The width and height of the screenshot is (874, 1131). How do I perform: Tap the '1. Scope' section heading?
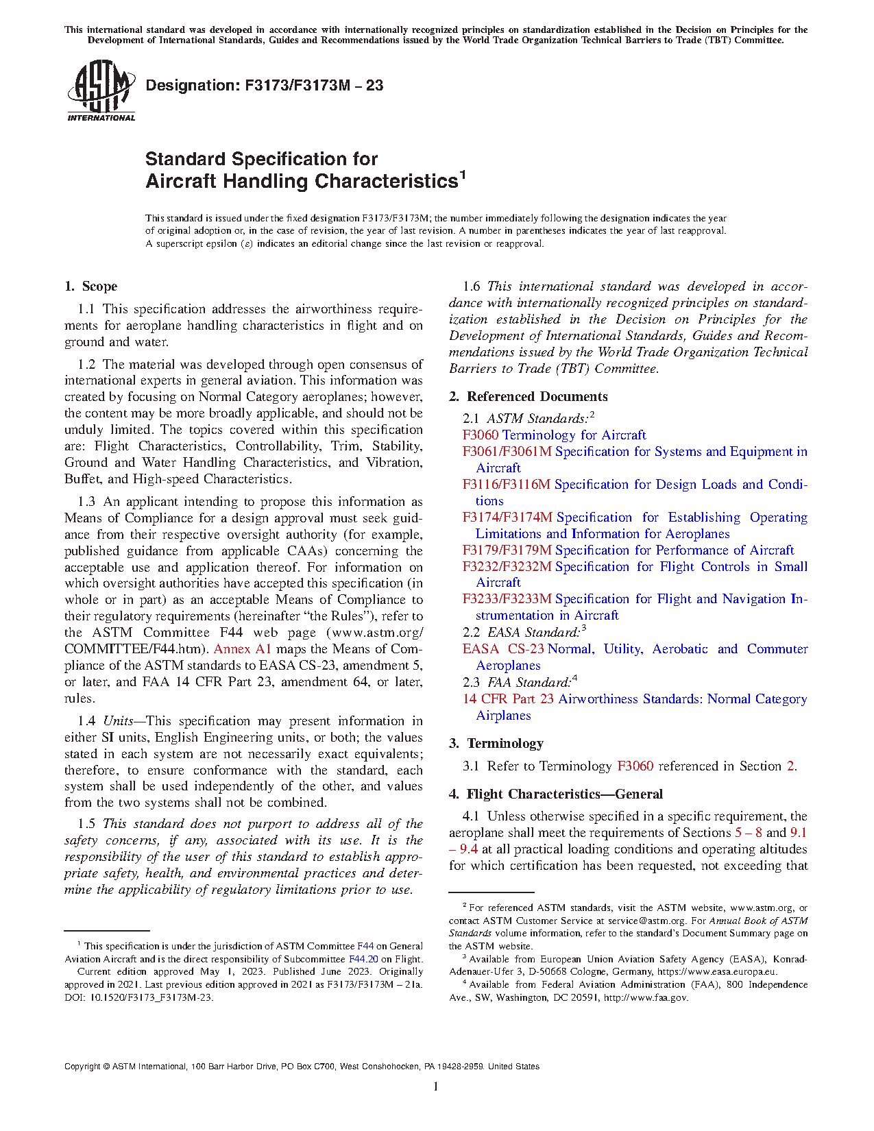pos(91,287)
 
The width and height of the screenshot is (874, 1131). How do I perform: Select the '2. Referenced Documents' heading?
pos(528,397)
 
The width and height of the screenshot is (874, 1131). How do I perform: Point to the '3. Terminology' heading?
pos(496,744)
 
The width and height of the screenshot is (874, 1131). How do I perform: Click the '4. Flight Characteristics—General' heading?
pos(556,794)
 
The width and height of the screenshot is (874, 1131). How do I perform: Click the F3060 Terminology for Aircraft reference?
pos(554,435)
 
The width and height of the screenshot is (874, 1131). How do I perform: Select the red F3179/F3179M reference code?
pos(507,550)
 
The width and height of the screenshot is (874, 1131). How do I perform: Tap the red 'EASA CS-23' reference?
pos(503,649)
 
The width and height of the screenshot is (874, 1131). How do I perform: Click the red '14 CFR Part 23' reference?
pos(508,699)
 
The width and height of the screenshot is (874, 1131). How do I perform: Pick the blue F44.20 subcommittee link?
pos(363,959)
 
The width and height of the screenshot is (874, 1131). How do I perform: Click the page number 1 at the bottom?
pos(436,1086)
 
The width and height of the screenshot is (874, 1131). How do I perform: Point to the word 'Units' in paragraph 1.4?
pos(118,721)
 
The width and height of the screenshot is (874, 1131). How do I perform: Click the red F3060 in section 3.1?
pos(635,766)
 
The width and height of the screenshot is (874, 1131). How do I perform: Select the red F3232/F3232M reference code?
pos(507,567)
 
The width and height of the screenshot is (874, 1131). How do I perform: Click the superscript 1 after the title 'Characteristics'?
pos(463,175)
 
